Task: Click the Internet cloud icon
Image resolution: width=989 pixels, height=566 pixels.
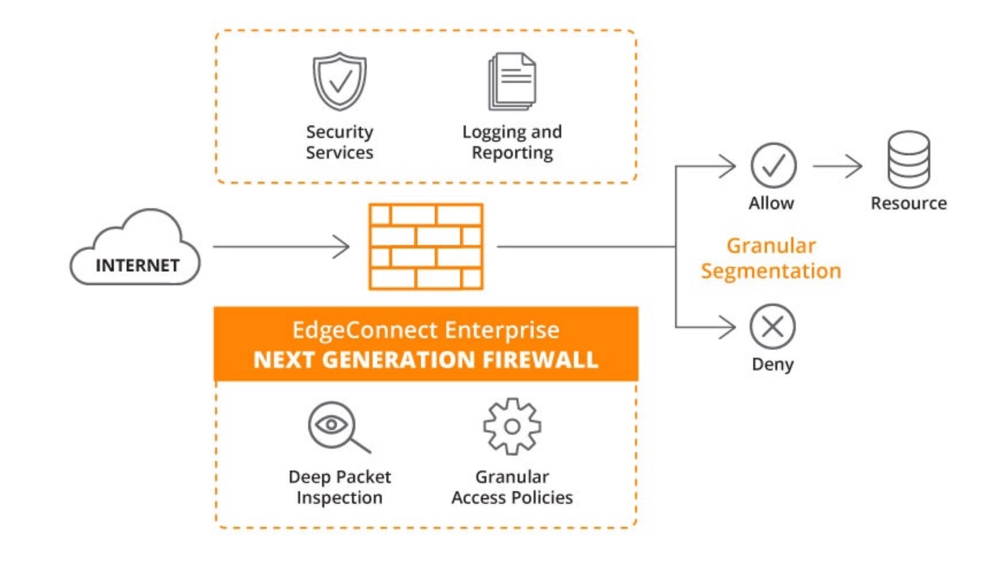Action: pyautogui.click(x=136, y=247)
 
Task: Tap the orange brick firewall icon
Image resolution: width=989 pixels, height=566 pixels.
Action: pyautogui.click(x=425, y=246)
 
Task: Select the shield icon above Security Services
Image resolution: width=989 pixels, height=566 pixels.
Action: pyautogui.click(x=339, y=82)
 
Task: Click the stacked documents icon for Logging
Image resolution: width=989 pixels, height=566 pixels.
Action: pyautogui.click(x=512, y=82)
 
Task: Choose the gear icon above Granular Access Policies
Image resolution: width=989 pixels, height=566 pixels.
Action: pyautogui.click(x=512, y=426)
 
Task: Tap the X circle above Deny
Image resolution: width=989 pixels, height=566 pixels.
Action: pyautogui.click(x=773, y=327)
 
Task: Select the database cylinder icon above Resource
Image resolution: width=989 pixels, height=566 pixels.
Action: pyautogui.click(x=909, y=160)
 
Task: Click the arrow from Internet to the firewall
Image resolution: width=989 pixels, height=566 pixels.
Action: pyautogui.click(x=281, y=246)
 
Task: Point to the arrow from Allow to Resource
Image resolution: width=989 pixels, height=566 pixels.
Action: pyautogui.click(x=837, y=166)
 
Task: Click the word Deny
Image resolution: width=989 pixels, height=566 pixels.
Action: pyautogui.click(x=773, y=364)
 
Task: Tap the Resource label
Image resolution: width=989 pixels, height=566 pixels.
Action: pyautogui.click(x=909, y=203)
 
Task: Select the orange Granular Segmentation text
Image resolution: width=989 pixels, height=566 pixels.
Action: pyautogui.click(x=771, y=258)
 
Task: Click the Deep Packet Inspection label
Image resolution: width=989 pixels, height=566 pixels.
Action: pyautogui.click(x=340, y=487)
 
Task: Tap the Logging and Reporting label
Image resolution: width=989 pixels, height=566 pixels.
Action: pyautogui.click(x=512, y=142)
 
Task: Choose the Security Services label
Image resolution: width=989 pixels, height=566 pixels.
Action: pyautogui.click(x=340, y=142)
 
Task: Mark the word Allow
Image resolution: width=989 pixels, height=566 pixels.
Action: pyautogui.click(x=772, y=203)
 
